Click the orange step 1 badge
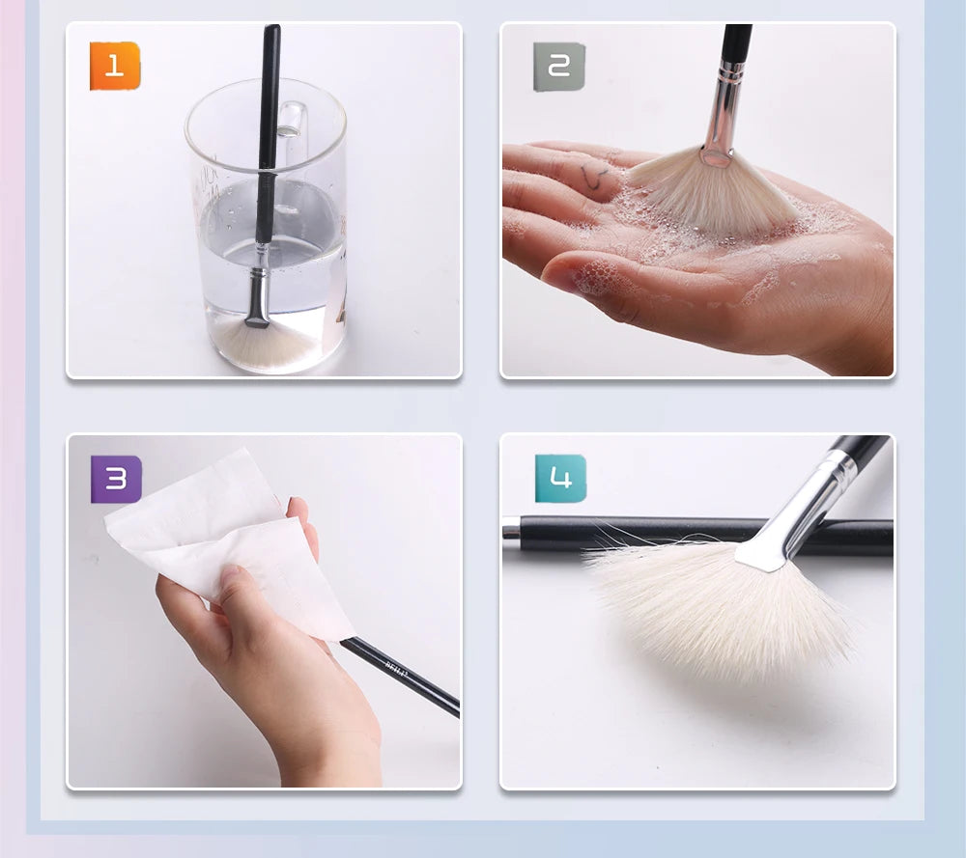point(115,67)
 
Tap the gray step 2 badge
point(559,67)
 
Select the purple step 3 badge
point(116,480)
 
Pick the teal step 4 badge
point(560,479)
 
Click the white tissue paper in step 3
point(222,540)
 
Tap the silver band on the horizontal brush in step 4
point(511,530)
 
